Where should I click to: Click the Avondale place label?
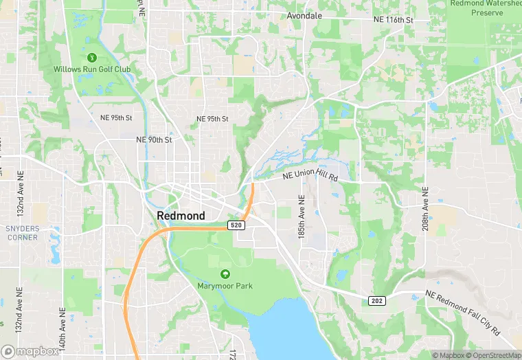coord(304,15)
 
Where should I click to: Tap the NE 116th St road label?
coord(393,21)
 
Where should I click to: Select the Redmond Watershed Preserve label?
coord(486,8)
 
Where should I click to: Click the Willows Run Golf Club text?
coord(93,69)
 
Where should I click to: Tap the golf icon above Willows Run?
coord(93,57)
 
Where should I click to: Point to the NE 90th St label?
coord(153,139)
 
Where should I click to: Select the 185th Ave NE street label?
coord(301,214)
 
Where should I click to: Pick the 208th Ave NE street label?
coord(426,207)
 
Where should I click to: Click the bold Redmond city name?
coord(181,216)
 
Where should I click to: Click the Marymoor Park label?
coord(225,285)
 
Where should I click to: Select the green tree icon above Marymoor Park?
coord(225,274)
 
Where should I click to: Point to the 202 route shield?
coord(377,300)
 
